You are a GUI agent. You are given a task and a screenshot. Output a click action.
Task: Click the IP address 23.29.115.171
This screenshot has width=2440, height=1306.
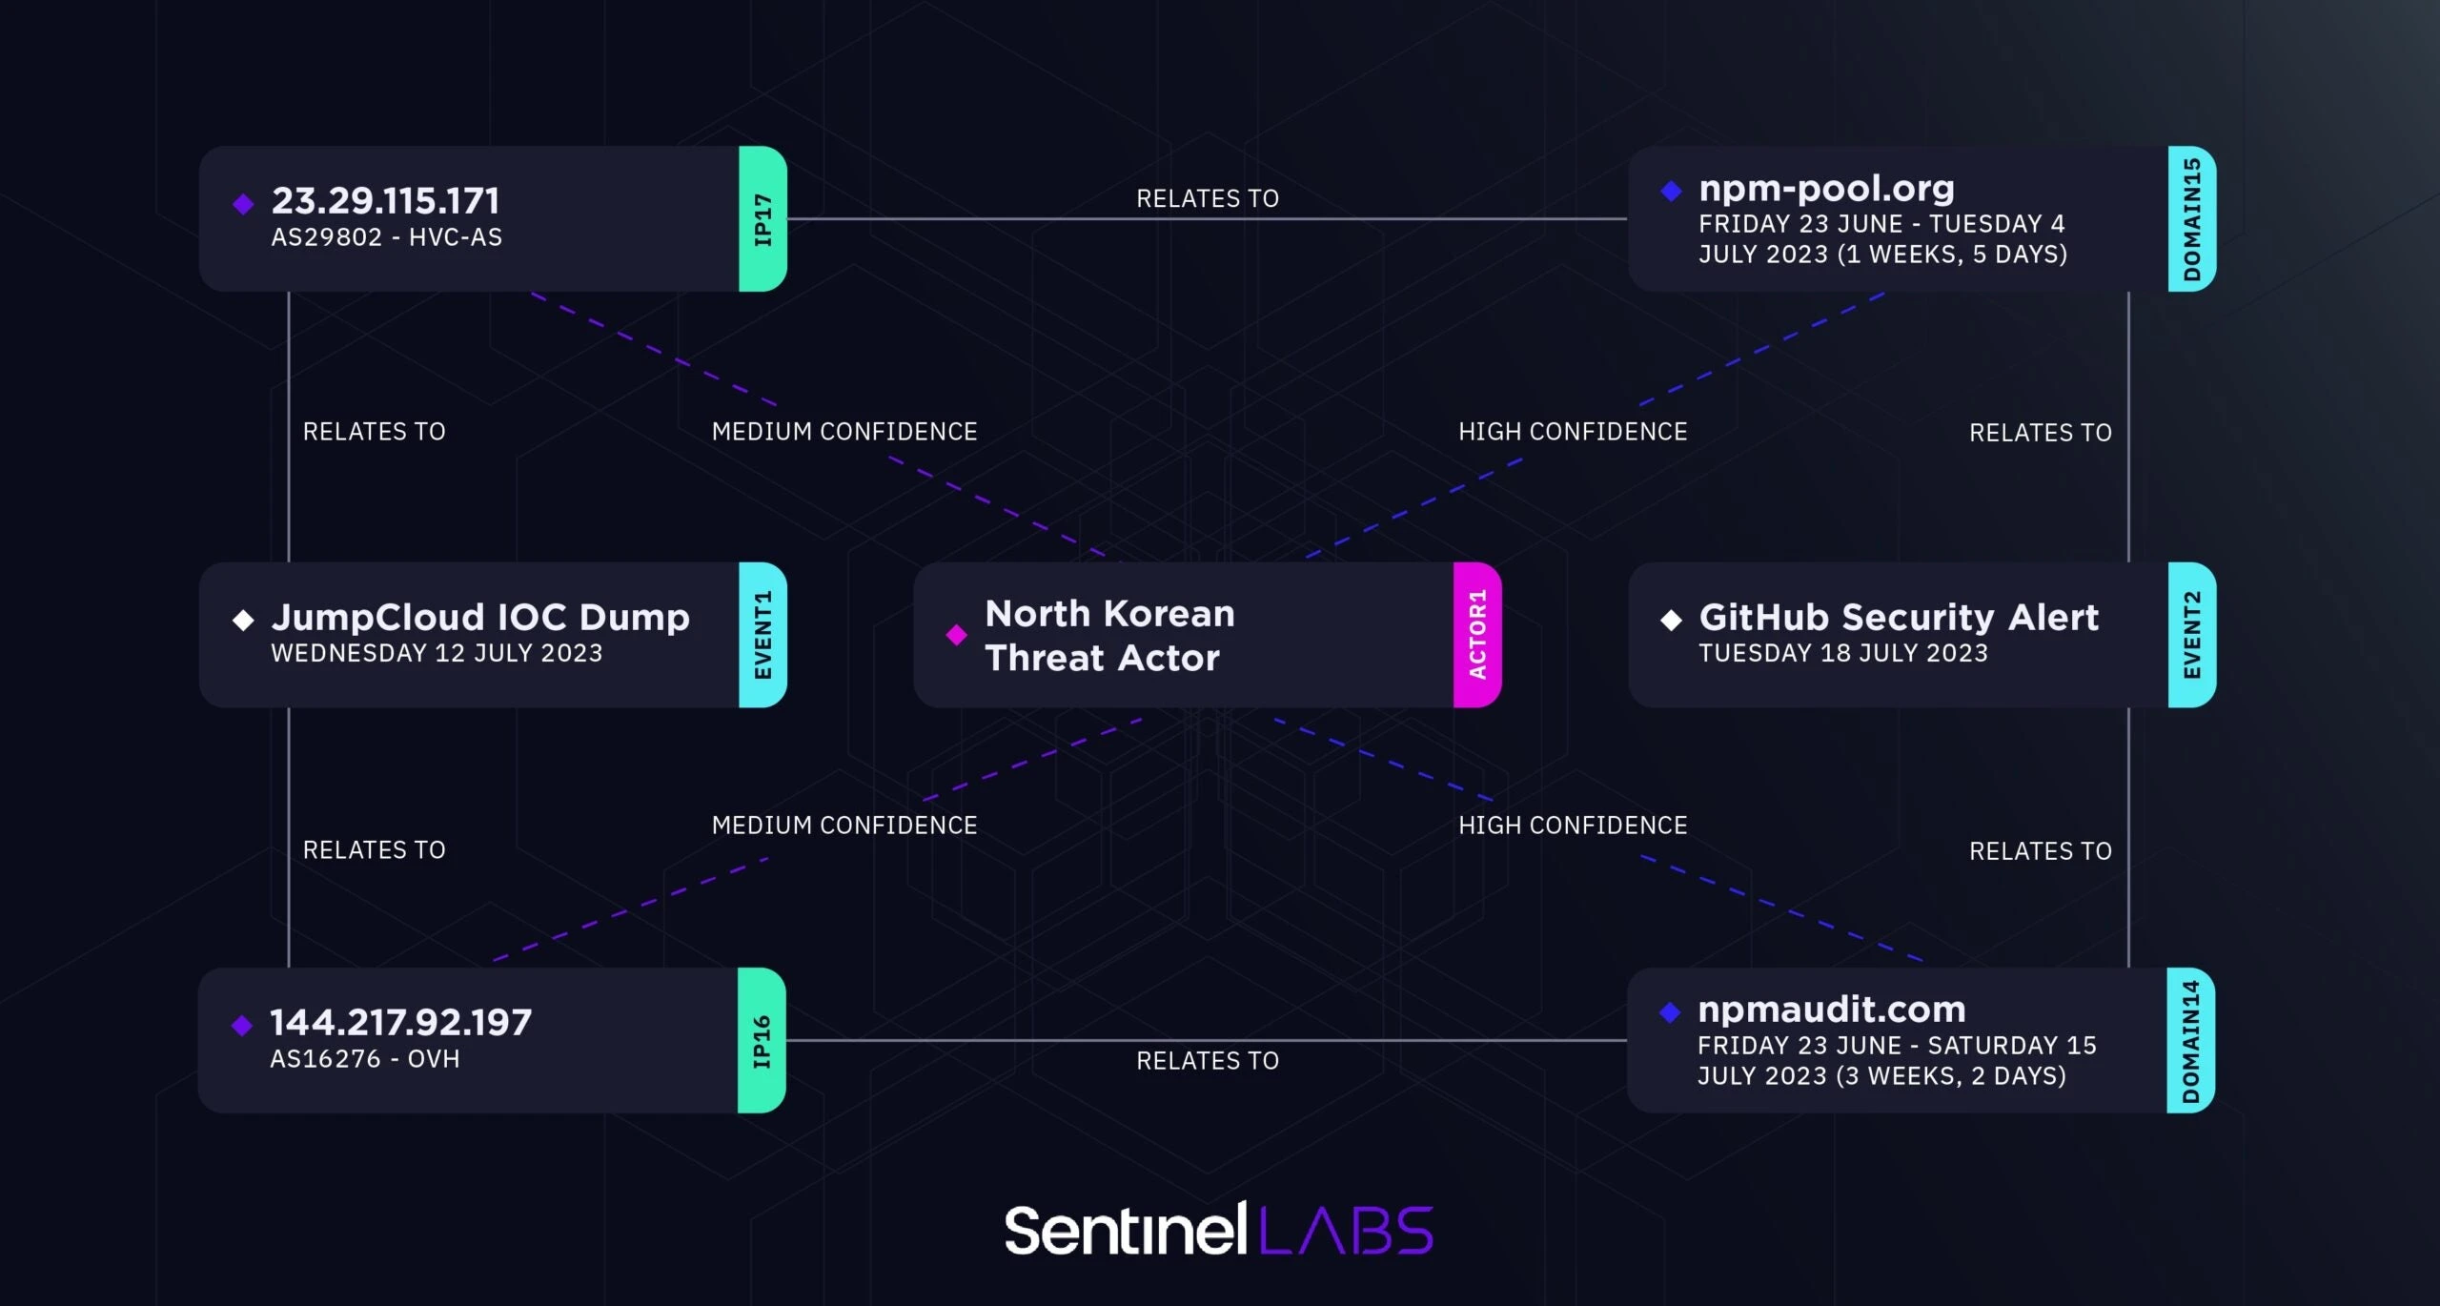(x=385, y=201)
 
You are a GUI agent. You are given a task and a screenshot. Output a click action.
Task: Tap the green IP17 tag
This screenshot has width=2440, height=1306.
(x=762, y=218)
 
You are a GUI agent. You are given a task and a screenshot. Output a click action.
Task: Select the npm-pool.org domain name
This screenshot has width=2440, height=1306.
(x=1826, y=189)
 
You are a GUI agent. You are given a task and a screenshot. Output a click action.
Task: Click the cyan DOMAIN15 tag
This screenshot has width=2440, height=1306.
(x=2191, y=218)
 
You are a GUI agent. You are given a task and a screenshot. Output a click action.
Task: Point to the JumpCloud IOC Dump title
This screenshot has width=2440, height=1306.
(x=480, y=618)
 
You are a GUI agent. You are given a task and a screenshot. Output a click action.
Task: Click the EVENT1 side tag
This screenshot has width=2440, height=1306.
(x=762, y=635)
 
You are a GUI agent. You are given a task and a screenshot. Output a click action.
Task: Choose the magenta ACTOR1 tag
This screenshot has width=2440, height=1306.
(x=1477, y=635)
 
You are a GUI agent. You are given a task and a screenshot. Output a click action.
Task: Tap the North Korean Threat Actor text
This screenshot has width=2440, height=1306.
(x=1109, y=635)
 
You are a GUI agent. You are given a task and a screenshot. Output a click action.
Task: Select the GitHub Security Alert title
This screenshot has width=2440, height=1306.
(x=1899, y=618)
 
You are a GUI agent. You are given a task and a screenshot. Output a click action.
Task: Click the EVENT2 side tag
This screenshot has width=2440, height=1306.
(x=2191, y=635)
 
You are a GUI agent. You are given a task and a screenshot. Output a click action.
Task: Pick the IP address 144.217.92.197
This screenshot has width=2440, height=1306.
(x=400, y=1023)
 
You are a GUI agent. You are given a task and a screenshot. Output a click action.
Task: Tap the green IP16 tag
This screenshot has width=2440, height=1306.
(x=762, y=1040)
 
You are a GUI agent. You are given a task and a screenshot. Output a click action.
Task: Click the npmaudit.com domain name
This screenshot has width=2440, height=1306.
(x=1831, y=1010)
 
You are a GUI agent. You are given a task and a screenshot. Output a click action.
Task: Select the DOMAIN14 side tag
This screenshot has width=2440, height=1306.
(x=2190, y=1040)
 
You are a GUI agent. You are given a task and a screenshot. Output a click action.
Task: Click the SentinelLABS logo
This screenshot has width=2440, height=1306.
(x=1219, y=1229)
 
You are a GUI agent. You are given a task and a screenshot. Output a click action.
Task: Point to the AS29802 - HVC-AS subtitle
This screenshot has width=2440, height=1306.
(x=386, y=237)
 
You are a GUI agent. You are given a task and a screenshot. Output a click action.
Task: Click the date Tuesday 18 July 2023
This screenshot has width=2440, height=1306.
(x=1843, y=653)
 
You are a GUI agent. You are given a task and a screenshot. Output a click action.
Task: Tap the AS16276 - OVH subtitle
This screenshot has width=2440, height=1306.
(x=364, y=1059)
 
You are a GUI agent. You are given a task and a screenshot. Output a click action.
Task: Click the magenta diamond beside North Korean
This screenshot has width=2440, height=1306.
(x=956, y=635)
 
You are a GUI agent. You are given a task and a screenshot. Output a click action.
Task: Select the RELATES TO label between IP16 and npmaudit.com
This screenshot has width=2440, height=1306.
(x=1208, y=1061)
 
